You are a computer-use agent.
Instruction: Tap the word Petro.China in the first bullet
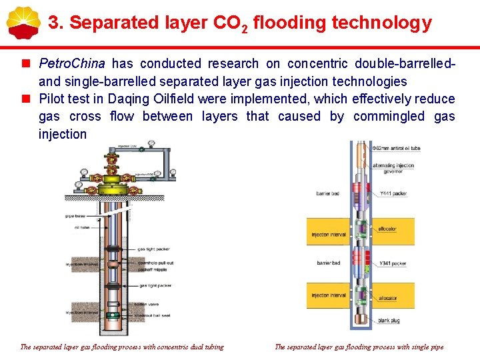[72, 64]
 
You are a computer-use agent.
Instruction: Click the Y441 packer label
[393, 193]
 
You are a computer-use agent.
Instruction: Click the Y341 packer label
[393, 263]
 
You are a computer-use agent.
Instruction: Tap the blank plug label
[389, 320]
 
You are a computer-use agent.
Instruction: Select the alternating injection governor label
[393, 168]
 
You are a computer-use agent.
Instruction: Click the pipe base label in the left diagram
[75, 215]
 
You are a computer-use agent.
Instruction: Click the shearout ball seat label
[155, 315]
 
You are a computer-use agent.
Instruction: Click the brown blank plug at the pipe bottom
[360, 323]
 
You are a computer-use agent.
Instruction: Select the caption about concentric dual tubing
[122, 347]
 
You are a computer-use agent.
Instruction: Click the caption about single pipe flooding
[359, 347]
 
